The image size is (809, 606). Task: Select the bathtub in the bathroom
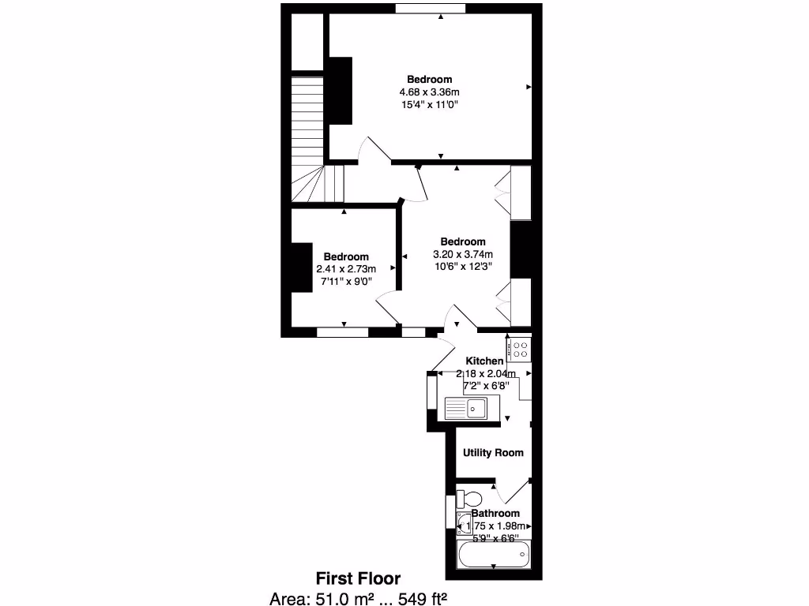(x=494, y=555)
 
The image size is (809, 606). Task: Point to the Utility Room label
(x=493, y=453)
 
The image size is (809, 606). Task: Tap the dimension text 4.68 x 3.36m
(x=430, y=92)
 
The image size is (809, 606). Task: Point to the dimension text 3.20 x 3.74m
(x=462, y=254)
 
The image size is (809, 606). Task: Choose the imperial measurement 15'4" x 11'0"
(x=430, y=104)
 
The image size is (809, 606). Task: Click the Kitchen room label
(x=484, y=361)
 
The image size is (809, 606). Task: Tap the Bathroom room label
(x=495, y=514)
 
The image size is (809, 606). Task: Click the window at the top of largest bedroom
(x=431, y=9)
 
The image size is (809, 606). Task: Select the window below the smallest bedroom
(x=342, y=332)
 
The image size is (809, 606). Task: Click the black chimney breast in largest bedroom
(x=341, y=91)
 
